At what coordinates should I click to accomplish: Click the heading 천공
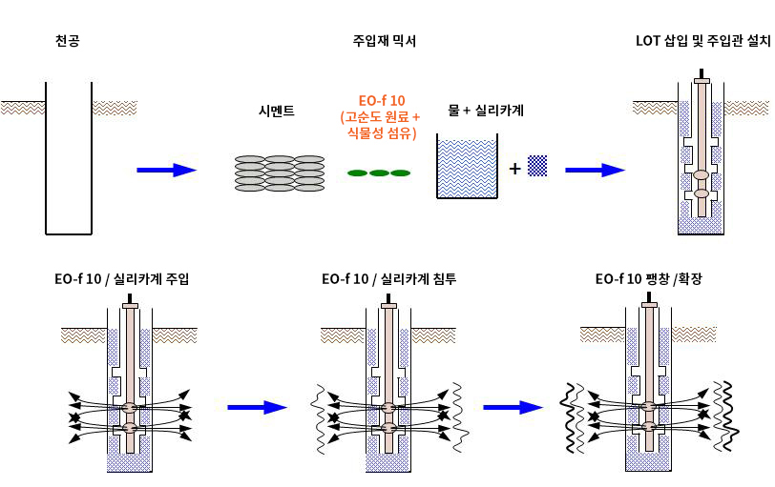pos(68,41)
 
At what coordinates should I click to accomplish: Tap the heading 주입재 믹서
pos(384,41)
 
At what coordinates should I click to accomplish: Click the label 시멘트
pos(277,112)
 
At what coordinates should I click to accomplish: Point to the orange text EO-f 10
pos(382,101)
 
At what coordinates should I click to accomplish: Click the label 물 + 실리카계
pos(486,111)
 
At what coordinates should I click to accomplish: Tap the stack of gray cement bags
pos(280,172)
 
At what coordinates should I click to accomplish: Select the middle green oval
pos(379,172)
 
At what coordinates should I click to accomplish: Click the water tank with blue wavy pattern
pos(467,169)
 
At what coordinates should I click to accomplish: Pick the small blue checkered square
pos(538,166)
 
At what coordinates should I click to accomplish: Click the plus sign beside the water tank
pos(514,169)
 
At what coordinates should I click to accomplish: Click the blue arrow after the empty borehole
pos(166,170)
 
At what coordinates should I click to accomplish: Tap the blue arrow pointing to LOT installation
pos(595,170)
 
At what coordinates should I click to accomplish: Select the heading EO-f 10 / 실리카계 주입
pos(122,279)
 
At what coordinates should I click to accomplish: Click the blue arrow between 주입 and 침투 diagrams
pos(257,407)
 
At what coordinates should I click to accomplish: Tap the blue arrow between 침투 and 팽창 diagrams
pos(513,407)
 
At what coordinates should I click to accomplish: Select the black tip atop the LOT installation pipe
pos(702,73)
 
